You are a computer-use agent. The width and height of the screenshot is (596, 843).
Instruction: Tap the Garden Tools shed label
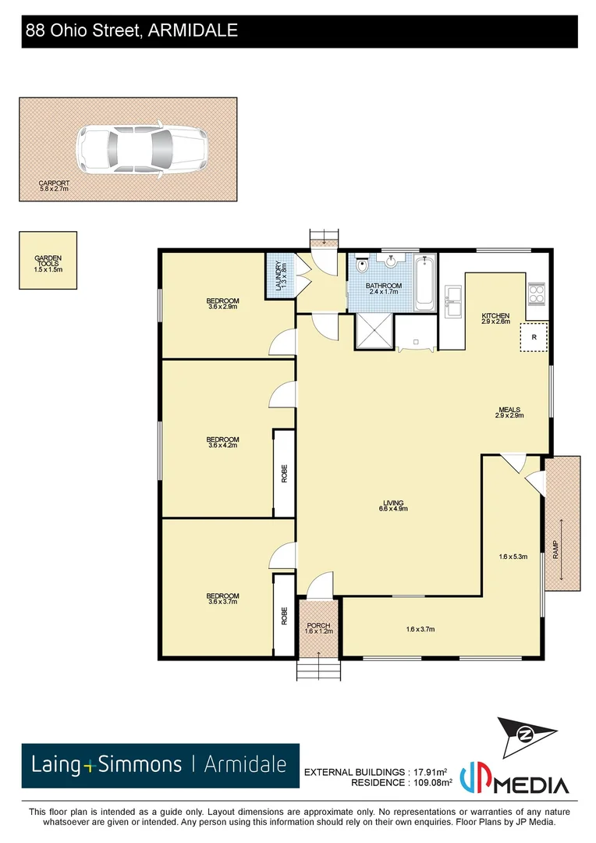pyautogui.click(x=48, y=263)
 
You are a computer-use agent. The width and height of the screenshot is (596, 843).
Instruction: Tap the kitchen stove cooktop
pyautogui.click(x=537, y=293)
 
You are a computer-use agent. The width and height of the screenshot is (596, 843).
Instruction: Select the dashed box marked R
pyautogui.click(x=534, y=337)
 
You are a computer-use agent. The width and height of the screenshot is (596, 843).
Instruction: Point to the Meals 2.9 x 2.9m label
pyautogui.click(x=509, y=412)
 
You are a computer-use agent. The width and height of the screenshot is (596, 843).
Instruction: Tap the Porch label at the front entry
pyautogui.click(x=318, y=628)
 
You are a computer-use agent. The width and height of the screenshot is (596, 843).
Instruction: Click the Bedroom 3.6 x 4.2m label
pyautogui.click(x=223, y=442)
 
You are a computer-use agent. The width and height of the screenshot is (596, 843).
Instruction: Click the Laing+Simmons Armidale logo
pyautogui.click(x=160, y=764)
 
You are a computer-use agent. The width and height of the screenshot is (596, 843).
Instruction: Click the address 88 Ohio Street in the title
pyautogui.click(x=131, y=31)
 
